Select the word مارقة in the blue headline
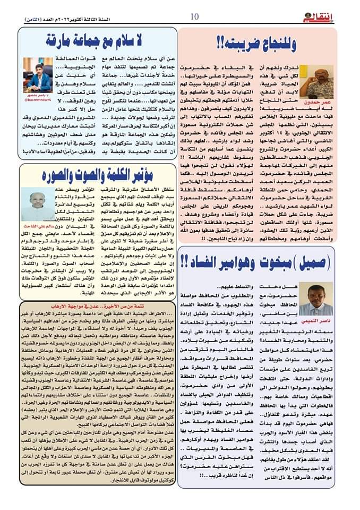pos(57,40)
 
